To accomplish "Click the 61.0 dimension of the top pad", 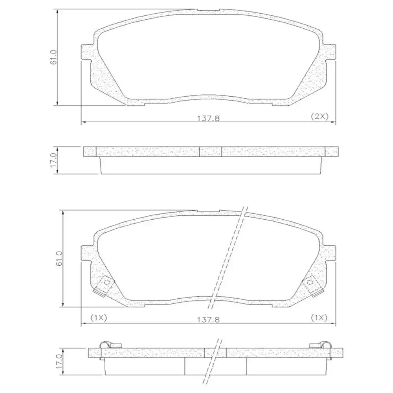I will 54,57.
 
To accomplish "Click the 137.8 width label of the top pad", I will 211,119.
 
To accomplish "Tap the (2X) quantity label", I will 319,116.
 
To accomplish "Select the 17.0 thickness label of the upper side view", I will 54,160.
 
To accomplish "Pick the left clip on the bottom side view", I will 106,345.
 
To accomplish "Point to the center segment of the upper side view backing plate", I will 211,151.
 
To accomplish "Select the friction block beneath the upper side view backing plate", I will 211,165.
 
